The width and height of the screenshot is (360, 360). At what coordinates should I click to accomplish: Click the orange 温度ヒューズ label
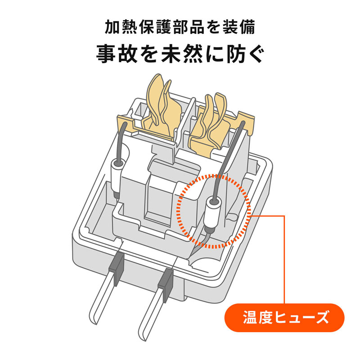pyautogui.click(x=284, y=318)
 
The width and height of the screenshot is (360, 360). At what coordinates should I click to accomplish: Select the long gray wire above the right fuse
pyautogui.click(x=229, y=157)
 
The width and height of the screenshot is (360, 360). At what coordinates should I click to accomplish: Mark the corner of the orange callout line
pyautogui.click(x=285, y=216)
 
